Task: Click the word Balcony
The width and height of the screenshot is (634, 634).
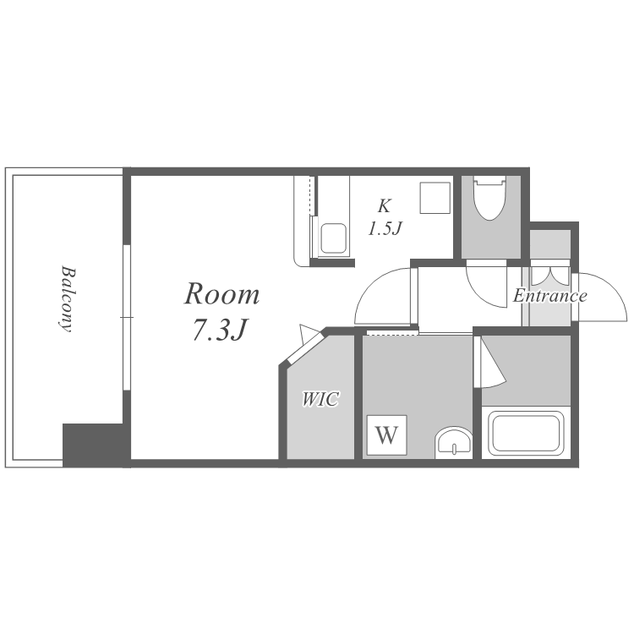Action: [67, 298]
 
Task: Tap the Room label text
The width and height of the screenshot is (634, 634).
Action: [222, 294]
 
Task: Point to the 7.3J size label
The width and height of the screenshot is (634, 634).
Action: [220, 330]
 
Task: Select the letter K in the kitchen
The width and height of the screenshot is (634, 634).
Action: [384, 205]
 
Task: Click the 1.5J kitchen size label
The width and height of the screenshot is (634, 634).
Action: [385, 228]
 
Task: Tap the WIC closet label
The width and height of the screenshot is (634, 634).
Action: [320, 399]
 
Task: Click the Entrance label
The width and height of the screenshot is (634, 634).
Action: [550, 296]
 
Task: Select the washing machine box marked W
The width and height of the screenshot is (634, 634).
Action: [387, 435]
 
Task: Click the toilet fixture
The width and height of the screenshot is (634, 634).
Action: [489, 198]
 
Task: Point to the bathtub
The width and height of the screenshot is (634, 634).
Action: [526, 434]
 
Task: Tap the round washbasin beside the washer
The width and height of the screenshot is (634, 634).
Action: [453, 442]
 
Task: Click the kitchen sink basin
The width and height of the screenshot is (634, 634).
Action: [334, 238]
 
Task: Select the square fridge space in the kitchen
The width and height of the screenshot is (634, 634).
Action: [435, 198]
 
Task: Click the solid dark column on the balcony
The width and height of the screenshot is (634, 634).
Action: [93, 445]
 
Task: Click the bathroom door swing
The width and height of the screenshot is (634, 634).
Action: [489, 362]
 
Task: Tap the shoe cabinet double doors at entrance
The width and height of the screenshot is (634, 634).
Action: [550, 276]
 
